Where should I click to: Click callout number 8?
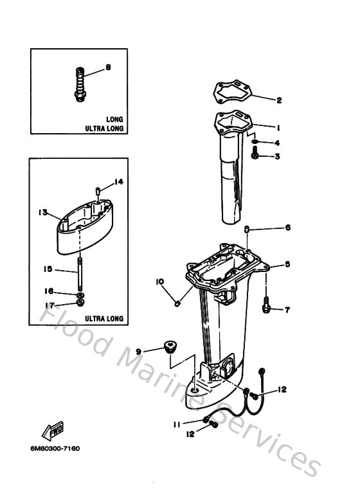(107, 67)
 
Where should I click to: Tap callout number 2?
(279, 100)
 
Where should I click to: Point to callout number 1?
(279, 127)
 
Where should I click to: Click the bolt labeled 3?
(256, 155)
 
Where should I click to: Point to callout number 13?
(43, 212)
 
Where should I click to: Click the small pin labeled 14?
(96, 191)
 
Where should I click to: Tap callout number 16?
(49, 291)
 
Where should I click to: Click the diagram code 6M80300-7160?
(58, 447)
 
